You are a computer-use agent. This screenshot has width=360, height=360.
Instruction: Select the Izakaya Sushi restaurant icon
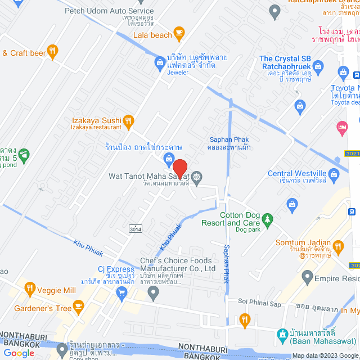pos(128,120)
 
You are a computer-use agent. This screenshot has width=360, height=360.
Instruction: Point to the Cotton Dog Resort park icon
pos(268,218)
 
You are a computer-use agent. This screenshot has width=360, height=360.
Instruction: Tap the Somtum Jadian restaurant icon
pos(338,246)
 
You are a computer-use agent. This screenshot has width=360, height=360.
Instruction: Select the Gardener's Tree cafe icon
pos(78,308)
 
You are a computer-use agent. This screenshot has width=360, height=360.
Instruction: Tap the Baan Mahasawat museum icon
pos(283,334)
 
